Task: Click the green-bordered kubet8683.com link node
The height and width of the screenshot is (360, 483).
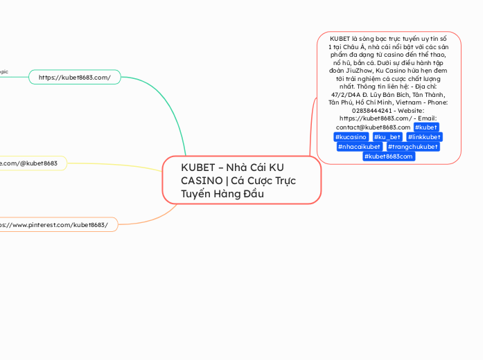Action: click(75, 77)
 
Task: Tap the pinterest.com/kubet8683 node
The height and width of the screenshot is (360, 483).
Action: click(55, 224)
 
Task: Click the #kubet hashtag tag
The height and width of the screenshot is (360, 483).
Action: click(425, 127)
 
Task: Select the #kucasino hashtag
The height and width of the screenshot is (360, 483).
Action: click(351, 137)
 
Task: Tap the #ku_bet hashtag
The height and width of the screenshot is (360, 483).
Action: click(387, 137)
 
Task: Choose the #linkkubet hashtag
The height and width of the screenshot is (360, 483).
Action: click(424, 137)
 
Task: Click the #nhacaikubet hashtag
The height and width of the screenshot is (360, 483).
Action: click(358, 147)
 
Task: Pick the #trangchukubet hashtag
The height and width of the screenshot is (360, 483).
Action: click(413, 147)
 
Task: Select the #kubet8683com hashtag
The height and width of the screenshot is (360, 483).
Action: click(389, 156)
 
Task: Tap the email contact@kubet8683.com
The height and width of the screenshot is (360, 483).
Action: click(373, 127)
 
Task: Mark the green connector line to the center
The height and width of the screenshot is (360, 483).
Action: click(166, 104)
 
